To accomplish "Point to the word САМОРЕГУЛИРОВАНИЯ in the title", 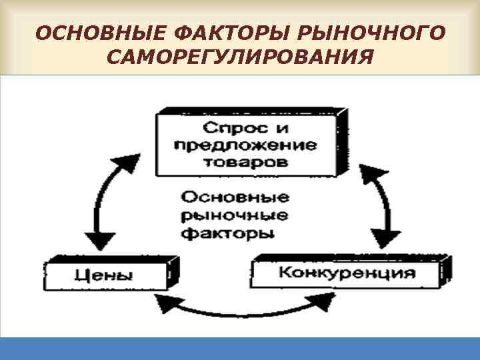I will coord(239,60).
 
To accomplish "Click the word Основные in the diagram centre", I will coord(234,198).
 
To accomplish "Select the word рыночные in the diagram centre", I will coord(234,215).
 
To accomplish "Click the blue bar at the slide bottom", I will coord(240,349).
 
